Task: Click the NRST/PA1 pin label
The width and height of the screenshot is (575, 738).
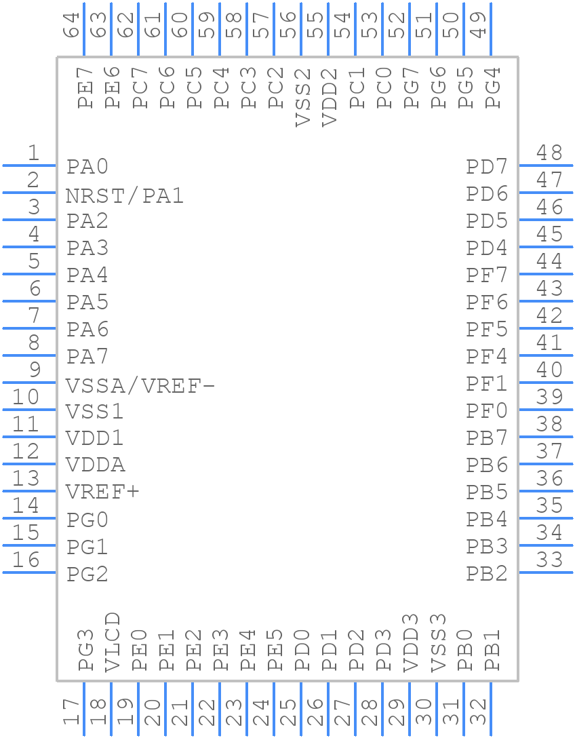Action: tap(125, 196)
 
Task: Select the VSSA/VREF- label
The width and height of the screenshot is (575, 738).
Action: tap(140, 386)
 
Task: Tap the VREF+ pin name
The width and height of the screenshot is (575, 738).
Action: tap(102, 491)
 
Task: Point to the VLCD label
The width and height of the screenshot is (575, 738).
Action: tap(113, 642)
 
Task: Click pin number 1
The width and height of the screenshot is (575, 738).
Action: tap(33, 153)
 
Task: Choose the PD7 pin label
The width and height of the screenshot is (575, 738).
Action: tap(486, 167)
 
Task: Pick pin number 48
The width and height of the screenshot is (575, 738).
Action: tap(549, 153)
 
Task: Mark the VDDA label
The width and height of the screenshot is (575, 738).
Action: tap(96, 465)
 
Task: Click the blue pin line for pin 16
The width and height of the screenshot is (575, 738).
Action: tap(29, 572)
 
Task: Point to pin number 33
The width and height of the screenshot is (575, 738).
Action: tap(549, 560)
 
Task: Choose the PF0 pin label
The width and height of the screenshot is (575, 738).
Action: tap(486, 411)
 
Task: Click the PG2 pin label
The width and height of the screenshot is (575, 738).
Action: tap(87, 575)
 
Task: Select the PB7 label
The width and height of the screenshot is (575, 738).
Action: tap(486, 438)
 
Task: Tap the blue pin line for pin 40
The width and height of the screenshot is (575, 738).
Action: tap(546, 383)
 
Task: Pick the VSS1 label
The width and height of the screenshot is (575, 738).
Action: tap(94, 412)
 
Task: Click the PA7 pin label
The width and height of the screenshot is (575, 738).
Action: tap(87, 356)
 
